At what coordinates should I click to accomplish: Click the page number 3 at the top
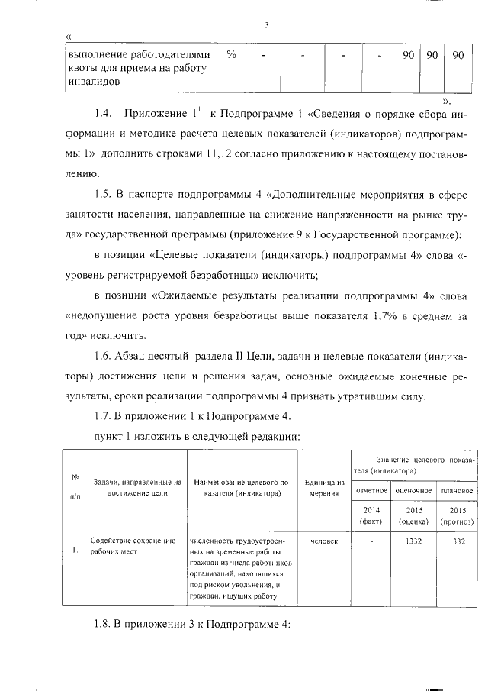(x=267, y=24)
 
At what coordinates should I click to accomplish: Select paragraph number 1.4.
(x=104, y=115)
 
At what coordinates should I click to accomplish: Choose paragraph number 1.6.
(x=104, y=357)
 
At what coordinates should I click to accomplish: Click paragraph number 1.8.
(x=103, y=626)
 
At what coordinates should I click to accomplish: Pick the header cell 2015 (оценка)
(x=415, y=515)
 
